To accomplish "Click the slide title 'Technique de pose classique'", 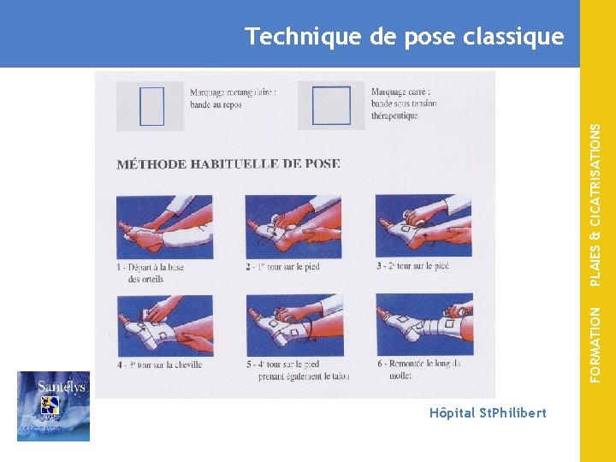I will (x=404, y=37).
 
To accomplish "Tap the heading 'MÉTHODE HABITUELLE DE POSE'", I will (x=228, y=163).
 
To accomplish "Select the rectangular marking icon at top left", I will (x=151, y=106).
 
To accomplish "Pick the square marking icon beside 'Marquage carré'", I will (x=331, y=106).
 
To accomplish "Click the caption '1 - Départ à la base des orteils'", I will (x=150, y=273).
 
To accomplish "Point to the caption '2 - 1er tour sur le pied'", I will (x=282, y=267).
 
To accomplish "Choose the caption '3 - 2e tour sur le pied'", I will (x=412, y=267).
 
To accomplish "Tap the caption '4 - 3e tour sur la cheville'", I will (x=160, y=364).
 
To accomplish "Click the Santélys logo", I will (x=53, y=406).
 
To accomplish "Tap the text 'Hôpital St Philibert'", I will (x=489, y=413).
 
